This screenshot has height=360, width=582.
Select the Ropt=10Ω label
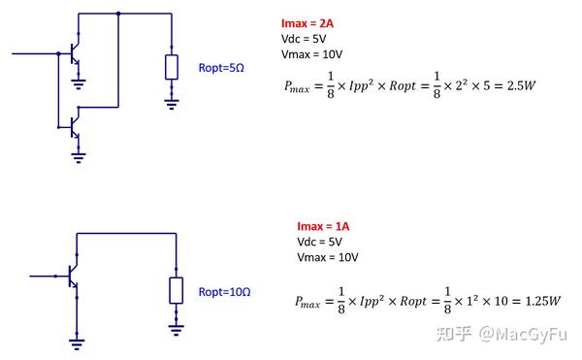225,290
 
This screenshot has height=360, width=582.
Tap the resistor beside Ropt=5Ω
171,67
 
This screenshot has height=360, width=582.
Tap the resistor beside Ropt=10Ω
176,289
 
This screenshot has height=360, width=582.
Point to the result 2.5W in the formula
524,85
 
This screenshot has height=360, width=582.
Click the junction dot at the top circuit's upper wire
117,14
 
